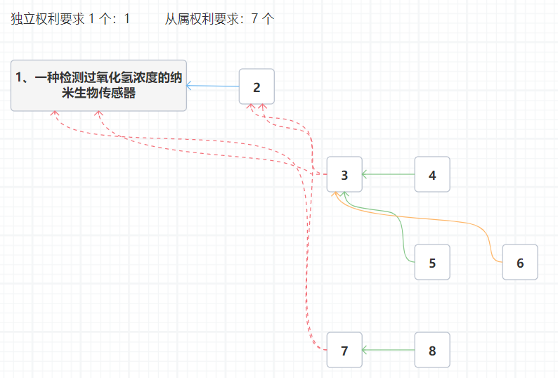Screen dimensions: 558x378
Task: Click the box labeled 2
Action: [257, 86]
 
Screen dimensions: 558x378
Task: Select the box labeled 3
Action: [344, 174]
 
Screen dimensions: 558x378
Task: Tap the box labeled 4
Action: [432, 174]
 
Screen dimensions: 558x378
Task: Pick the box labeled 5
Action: [432, 262]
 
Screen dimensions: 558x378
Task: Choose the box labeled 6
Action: [520, 262]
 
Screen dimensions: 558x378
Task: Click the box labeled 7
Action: [344, 350]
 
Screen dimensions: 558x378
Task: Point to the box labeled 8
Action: [432, 350]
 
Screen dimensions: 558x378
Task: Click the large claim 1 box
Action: [98, 86]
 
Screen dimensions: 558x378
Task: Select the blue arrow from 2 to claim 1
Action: [213, 86]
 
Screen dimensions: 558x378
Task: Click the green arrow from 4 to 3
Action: [389, 174]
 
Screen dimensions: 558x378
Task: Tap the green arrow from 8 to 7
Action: [389, 350]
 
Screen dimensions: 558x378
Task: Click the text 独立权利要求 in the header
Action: [48, 19]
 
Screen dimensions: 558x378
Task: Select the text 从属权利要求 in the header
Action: [202, 19]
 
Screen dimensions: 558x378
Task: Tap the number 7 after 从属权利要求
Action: [254, 19]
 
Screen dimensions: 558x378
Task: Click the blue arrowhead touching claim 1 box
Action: [189, 86]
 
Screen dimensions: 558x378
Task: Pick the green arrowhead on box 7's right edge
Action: [365, 350]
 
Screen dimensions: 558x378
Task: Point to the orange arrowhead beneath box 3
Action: [334, 194]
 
